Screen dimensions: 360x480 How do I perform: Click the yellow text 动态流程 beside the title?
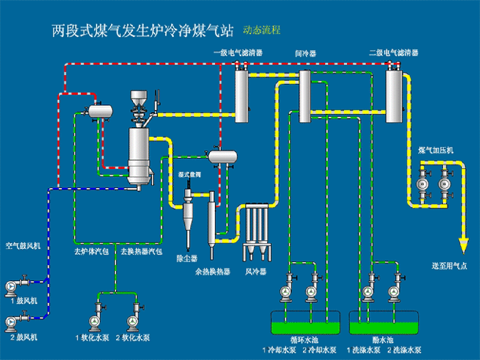pos(261,30)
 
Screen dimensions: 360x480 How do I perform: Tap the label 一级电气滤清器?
pos(238,53)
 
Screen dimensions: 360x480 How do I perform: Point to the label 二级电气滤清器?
pos(394,53)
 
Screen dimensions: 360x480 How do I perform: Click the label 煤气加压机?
pos(436,151)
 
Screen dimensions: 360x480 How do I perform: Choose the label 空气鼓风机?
pos(23,246)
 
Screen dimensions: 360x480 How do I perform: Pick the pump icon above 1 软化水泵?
pos(94,321)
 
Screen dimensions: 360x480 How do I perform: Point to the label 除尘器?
pos(187,258)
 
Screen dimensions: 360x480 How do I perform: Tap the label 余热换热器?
pos(213,272)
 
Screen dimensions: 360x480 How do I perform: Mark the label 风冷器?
pos(256,272)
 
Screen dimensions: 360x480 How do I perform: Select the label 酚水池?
pos(383,341)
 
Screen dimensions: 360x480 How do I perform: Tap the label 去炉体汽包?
pos(92,251)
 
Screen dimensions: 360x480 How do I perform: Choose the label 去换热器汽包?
pos(141,251)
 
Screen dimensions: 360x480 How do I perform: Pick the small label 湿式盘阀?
pos(189,175)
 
